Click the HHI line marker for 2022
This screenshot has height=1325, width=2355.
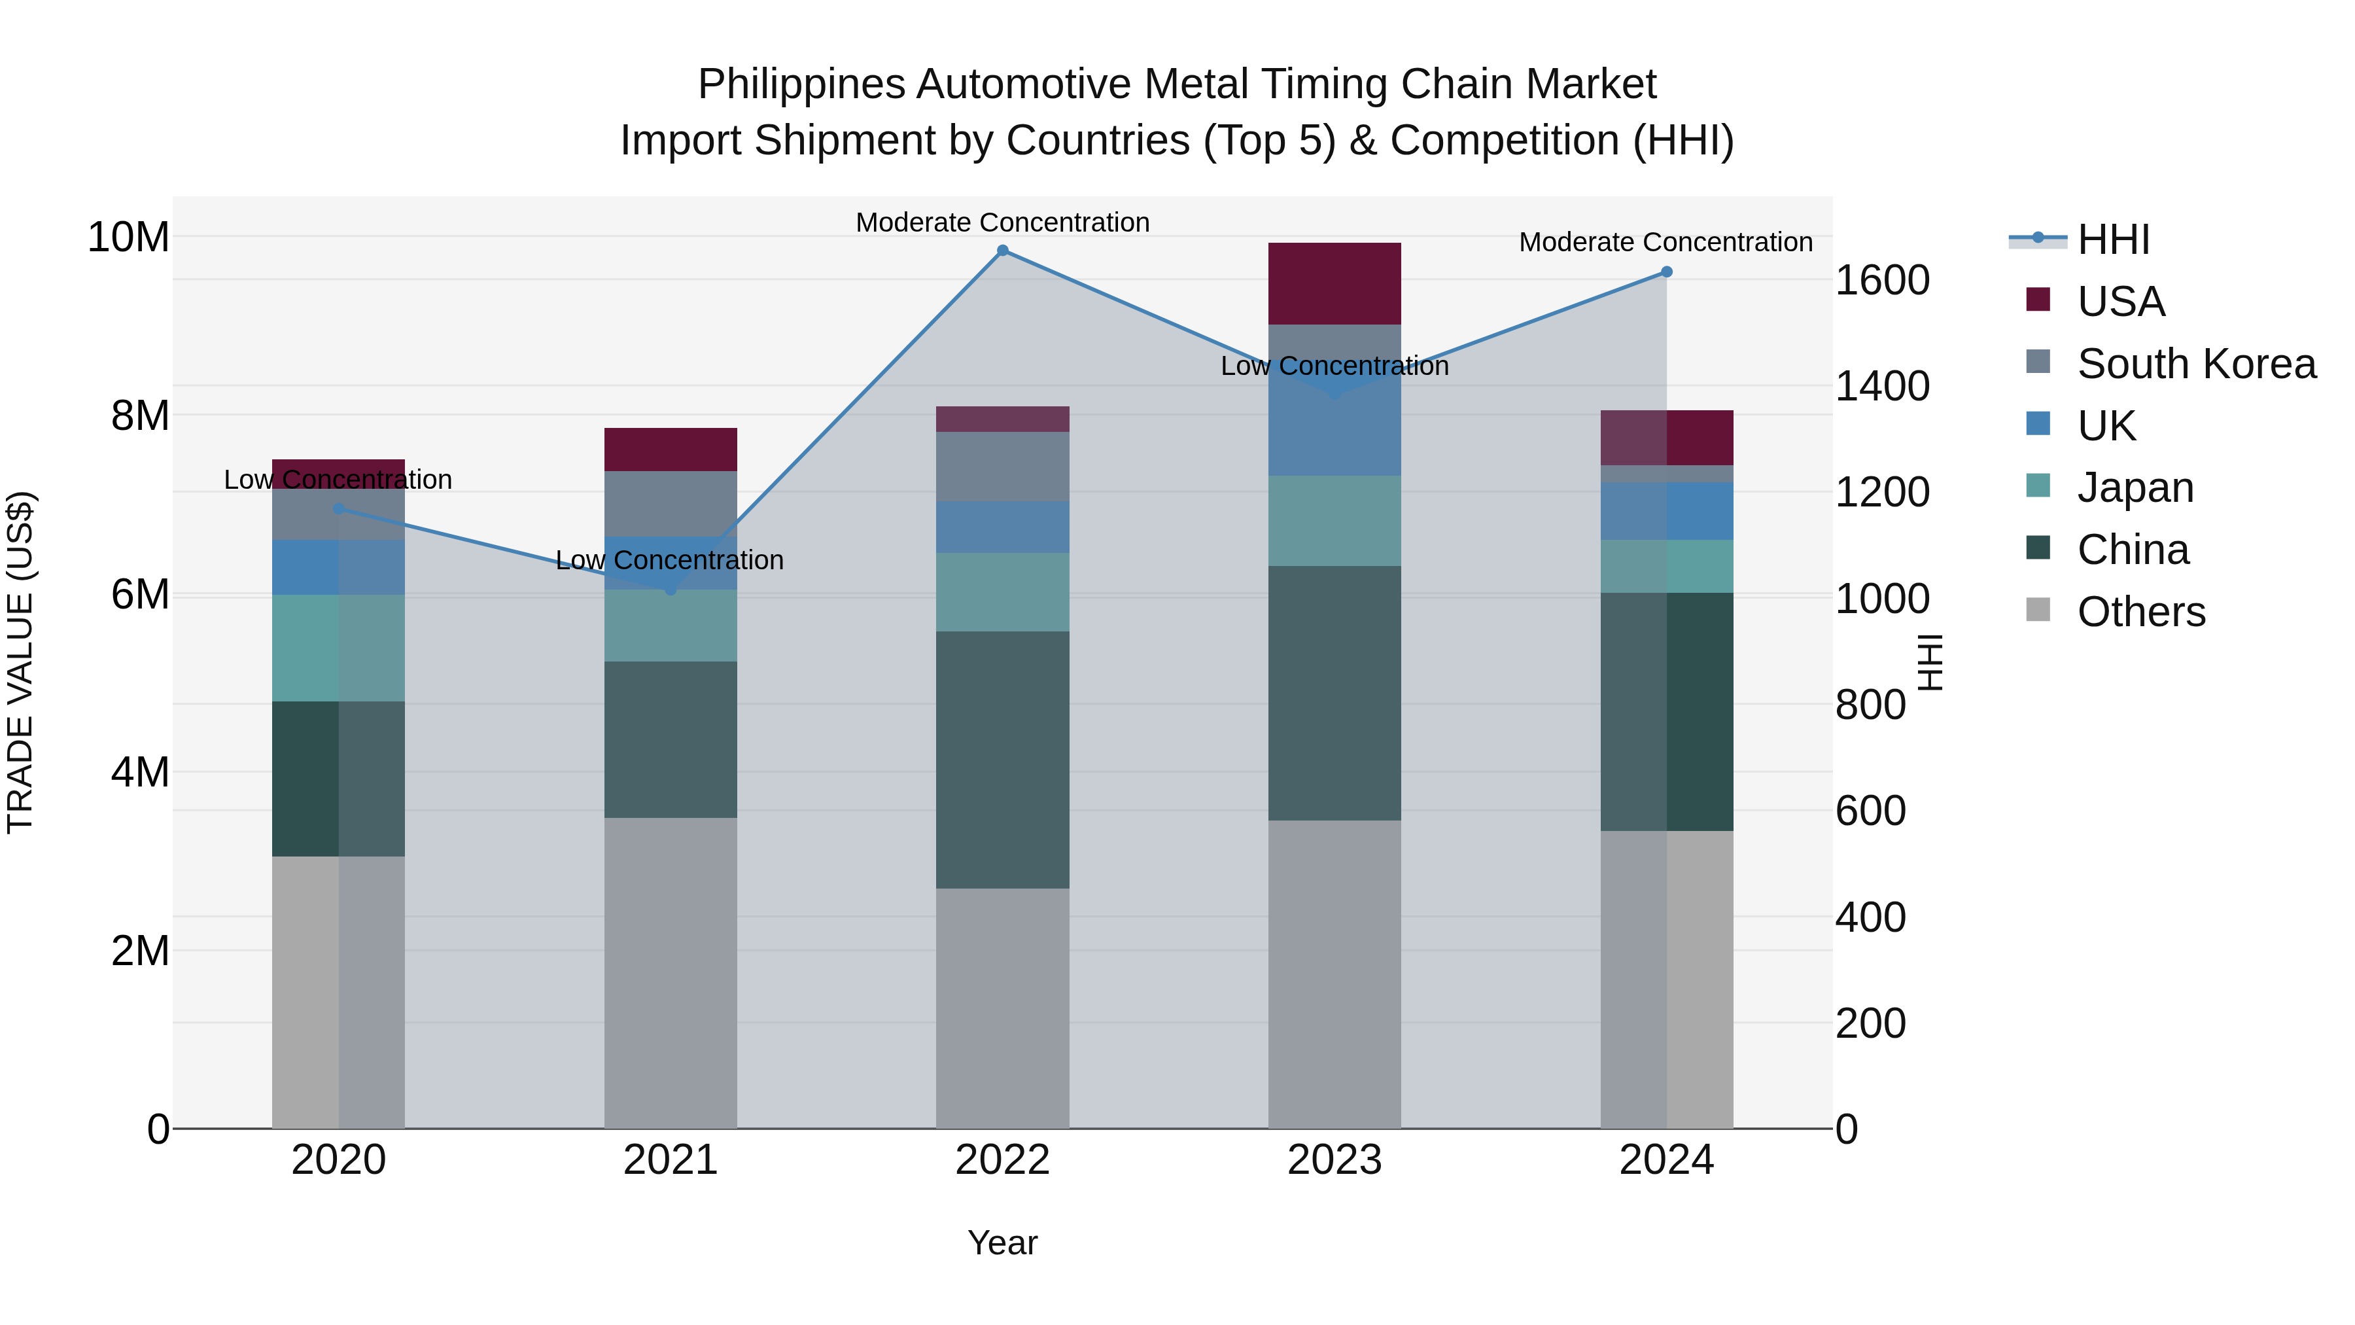1002,251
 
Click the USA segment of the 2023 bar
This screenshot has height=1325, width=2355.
1334,283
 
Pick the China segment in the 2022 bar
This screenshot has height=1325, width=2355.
1002,759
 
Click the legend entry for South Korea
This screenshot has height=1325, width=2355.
2196,364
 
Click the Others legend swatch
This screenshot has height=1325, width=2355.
2038,610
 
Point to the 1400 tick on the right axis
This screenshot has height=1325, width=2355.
1881,387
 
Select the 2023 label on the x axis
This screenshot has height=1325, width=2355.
1334,1160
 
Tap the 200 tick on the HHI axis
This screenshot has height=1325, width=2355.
1870,1023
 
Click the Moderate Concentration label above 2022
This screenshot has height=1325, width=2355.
1002,222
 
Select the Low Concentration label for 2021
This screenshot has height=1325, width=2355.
670,559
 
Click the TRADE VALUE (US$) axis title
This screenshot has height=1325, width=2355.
20,662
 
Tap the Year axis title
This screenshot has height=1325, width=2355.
1002,1243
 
